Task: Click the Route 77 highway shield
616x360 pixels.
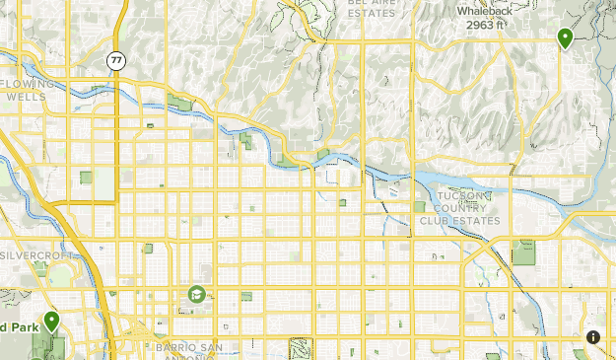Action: coord(116,61)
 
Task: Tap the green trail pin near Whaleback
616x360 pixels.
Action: coord(565,38)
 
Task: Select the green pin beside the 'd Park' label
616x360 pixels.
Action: coord(50,321)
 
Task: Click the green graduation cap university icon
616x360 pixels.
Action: coord(196,294)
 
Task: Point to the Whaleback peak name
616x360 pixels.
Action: coord(483,11)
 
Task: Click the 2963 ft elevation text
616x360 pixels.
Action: coord(486,25)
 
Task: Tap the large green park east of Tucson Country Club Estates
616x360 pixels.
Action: coord(523,252)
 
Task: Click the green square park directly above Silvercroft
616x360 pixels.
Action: coord(86,179)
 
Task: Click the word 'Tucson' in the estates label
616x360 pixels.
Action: coord(462,196)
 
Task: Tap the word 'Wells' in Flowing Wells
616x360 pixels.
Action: coord(26,98)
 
